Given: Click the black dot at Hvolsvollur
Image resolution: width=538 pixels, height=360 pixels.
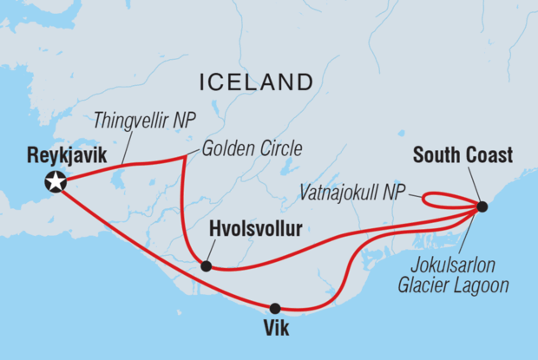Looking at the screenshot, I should pyautogui.click(x=206, y=266).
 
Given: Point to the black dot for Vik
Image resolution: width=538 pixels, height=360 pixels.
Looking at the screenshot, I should pyautogui.click(x=275, y=308).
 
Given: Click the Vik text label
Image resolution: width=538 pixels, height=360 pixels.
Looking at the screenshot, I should pyautogui.click(x=275, y=331).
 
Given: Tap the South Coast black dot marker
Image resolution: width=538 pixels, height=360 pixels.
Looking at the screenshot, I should pyautogui.click(x=482, y=206).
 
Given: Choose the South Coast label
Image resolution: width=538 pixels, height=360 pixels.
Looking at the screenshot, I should pyautogui.click(x=463, y=156).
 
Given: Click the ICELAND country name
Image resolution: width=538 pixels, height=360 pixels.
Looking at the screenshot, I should pyautogui.click(x=256, y=82).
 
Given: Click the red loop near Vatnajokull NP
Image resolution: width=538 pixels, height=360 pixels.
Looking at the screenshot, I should pyautogui.click(x=430, y=200).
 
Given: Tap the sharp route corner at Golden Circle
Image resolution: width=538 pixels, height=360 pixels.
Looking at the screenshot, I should pyautogui.click(x=184, y=158).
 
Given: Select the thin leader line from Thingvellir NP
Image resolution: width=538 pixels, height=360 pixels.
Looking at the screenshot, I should pyautogui.click(x=127, y=148).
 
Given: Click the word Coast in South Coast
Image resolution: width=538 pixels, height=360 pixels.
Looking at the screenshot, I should pyautogui.click(x=489, y=156).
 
